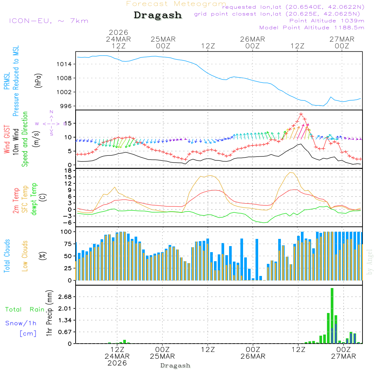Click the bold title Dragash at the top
pyautogui.click(x=158, y=15)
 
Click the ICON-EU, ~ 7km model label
pyautogui.click(x=48, y=20)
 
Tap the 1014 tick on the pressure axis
pyautogui.click(x=65, y=64)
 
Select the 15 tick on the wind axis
pyautogui.click(x=68, y=124)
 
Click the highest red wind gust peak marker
pyautogui.click(x=301, y=114)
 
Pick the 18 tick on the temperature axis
pyautogui.click(x=68, y=170)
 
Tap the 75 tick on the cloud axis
pyautogui.click(x=68, y=244)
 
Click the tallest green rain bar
pyautogui.click(x=332, y=316)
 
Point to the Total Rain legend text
pyautogui.click(x=25, y=309)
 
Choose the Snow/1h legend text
pyautogui.click(x=21, y=323)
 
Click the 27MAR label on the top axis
pyautogui.click(x=342, y=39)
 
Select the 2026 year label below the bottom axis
pyautogui.click(x=117, y=363)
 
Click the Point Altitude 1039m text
pyautogui.click(x=327, y=20)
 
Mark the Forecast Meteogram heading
pyautogui.click(x=176, y=4)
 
